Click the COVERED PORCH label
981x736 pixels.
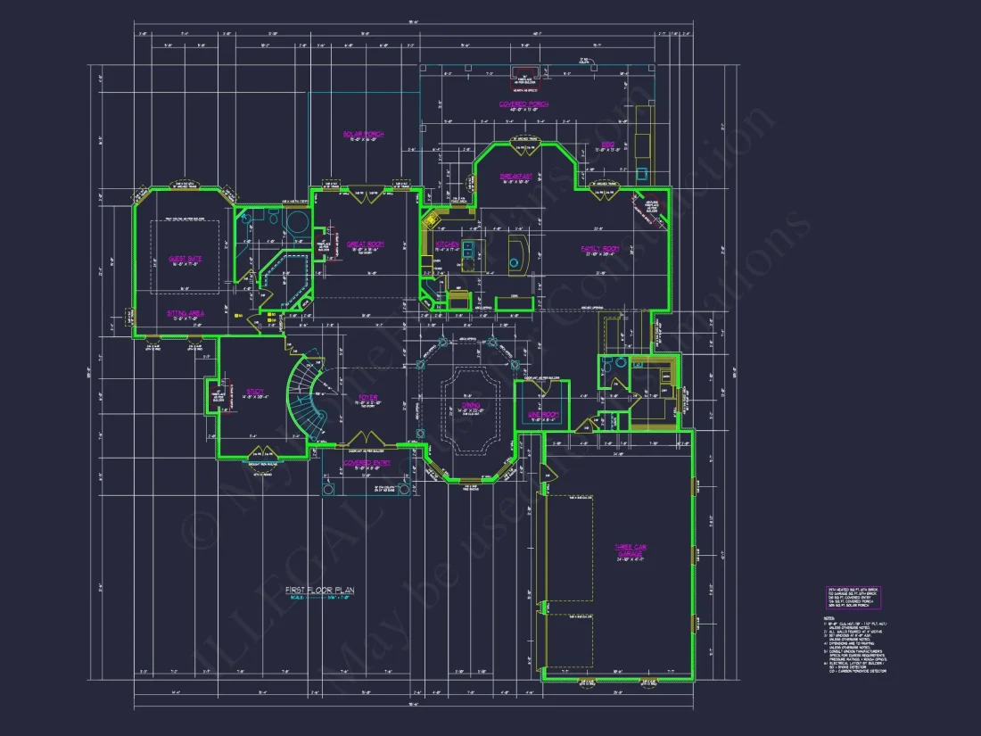[x=523, y=104]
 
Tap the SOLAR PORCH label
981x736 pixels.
[x=363, y=135]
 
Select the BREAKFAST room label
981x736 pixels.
[x=516, y=177]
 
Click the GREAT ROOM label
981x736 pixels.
[x=365, y=244]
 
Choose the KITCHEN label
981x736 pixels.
[x=447, y=244]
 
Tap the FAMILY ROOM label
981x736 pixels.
[x=600, y=248]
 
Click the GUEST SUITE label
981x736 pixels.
[x=185, y=259]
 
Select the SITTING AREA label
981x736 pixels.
[x=185, y=313]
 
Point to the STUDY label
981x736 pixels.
[x=253, y=390]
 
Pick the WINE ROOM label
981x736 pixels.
[x=542, y=415]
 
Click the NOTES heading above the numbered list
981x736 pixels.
[x=828, y=617]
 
